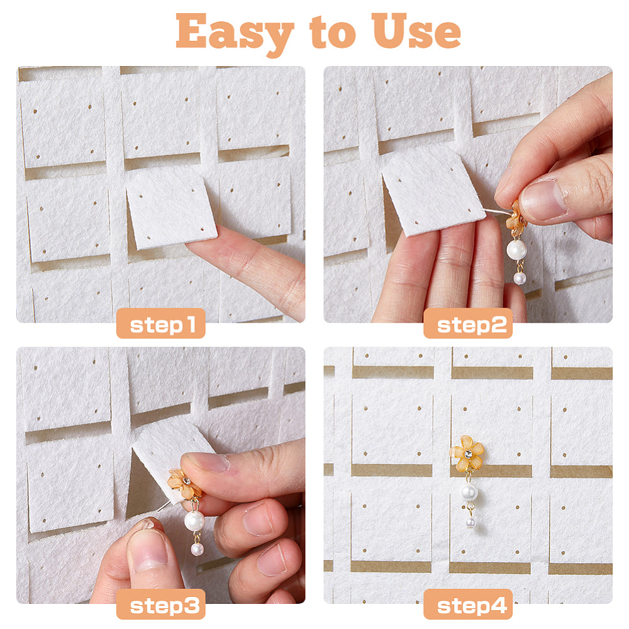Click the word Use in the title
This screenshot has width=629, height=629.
(x=416, y=31)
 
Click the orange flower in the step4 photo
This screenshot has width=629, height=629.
(x=467, y=454)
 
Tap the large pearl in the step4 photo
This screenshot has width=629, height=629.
(x=469, y=492)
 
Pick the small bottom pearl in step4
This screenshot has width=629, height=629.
(x=470, y=523)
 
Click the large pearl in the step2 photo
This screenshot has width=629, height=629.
(x=516, y=250)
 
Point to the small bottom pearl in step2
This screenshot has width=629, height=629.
(x=520, y=278)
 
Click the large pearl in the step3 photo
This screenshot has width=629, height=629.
(x=194, y=521)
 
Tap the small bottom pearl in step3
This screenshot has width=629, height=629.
(x=197, y=549)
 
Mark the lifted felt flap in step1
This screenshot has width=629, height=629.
(x=171, y=209)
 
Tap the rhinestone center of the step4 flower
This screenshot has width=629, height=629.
(x=468, y=454)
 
